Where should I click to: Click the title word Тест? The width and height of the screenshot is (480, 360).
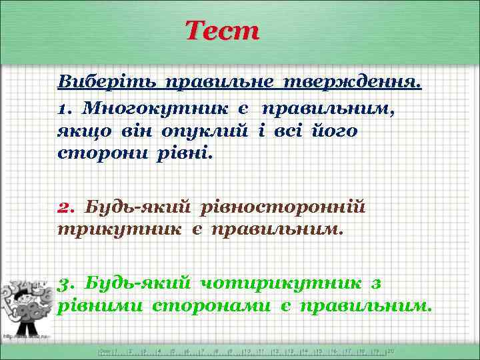(x=221, y=31)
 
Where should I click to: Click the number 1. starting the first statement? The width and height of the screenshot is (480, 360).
(x=65, y=107)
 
